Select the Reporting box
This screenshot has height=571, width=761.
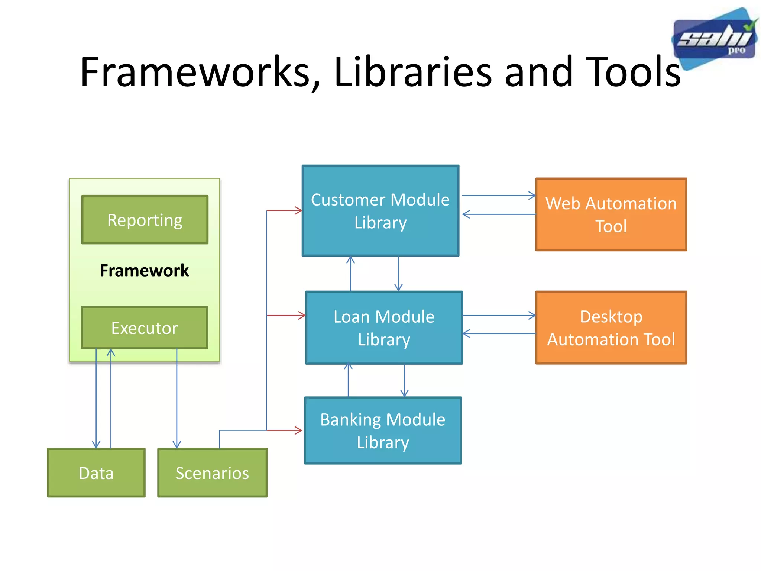point(145,220)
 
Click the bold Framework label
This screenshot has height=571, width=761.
point(144,270)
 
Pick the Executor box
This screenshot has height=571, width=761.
point(145,328)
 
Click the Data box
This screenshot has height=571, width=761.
point(96,472)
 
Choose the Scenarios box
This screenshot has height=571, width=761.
point(212,472)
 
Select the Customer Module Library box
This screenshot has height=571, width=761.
point(380,211)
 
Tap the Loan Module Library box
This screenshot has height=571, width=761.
point(384,328)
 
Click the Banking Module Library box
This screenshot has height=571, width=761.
point(383,430)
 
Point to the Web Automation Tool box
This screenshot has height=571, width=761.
point(611,214)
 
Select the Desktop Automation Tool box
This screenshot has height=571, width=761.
point(611,328)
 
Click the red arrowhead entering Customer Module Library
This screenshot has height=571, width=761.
point(299,211)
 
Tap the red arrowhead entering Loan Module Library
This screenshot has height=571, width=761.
point(302,316)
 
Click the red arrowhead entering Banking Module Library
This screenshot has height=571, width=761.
point(299,430)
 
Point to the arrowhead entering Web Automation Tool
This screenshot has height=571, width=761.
point(532,196)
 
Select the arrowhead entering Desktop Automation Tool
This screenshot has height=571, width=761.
point(532,316)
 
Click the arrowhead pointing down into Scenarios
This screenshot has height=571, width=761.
point(177,445)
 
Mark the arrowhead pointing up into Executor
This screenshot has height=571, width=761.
point(111,352)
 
